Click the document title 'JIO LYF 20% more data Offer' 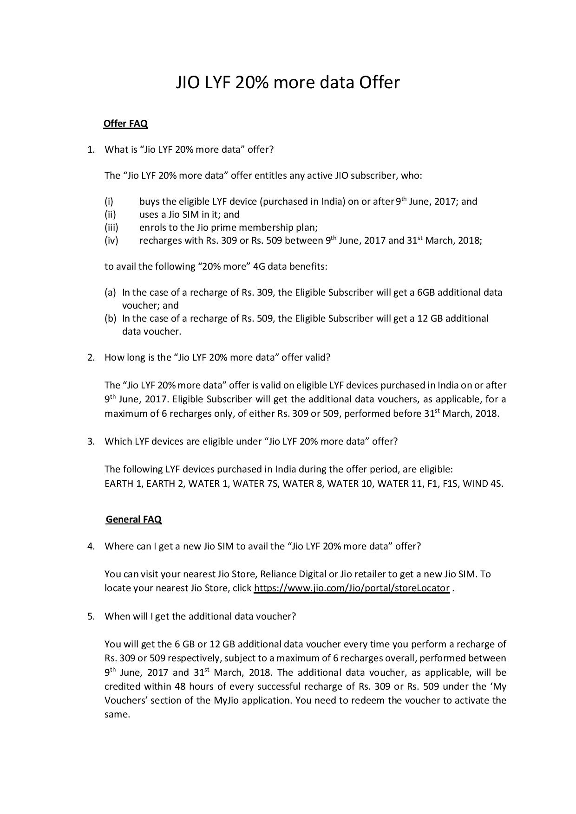(288, 83)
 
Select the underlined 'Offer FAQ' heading (125, 123)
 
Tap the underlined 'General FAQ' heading (134, 519)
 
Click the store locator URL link (352, 588)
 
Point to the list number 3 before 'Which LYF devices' (91, 441)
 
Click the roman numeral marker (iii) (111, 227)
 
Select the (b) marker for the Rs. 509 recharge (110, 318)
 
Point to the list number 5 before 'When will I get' (91, 616)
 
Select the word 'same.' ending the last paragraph (117, 714)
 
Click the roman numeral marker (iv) (111, 240)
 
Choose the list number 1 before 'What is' (91, 149)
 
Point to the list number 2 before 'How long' (91, 357)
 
